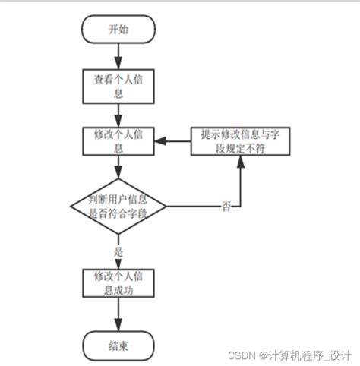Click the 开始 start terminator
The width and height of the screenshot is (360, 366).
pyautogui.click(x=119, y=30)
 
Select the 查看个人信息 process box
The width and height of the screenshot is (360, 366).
pyautogui.click(x=119, y=86)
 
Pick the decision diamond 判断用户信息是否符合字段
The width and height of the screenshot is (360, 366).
pyautogui.click(x=119, y=206)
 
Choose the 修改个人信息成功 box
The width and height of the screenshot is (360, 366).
pyautogui.click(x=119, y=282)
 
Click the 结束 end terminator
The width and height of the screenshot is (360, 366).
pyautogui.click(x=119, y=345)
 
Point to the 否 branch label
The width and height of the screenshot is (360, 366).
pyautogui.click(x=226, y=207)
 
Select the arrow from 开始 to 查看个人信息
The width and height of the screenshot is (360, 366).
pyautogui.click(x=119, y=56)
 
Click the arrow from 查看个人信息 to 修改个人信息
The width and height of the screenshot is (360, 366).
pyautogui.click(x=119, y=114)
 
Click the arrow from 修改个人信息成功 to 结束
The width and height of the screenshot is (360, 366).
pyautogui.click(x=119, y=314)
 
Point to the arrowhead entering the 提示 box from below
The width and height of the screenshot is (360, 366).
pyautogui.click(x=242, y=162)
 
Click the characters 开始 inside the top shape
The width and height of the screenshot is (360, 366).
pyautogui.click(x=119, y=30)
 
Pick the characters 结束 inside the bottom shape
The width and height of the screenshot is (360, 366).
pyautogui.click(x=119, y=345)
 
